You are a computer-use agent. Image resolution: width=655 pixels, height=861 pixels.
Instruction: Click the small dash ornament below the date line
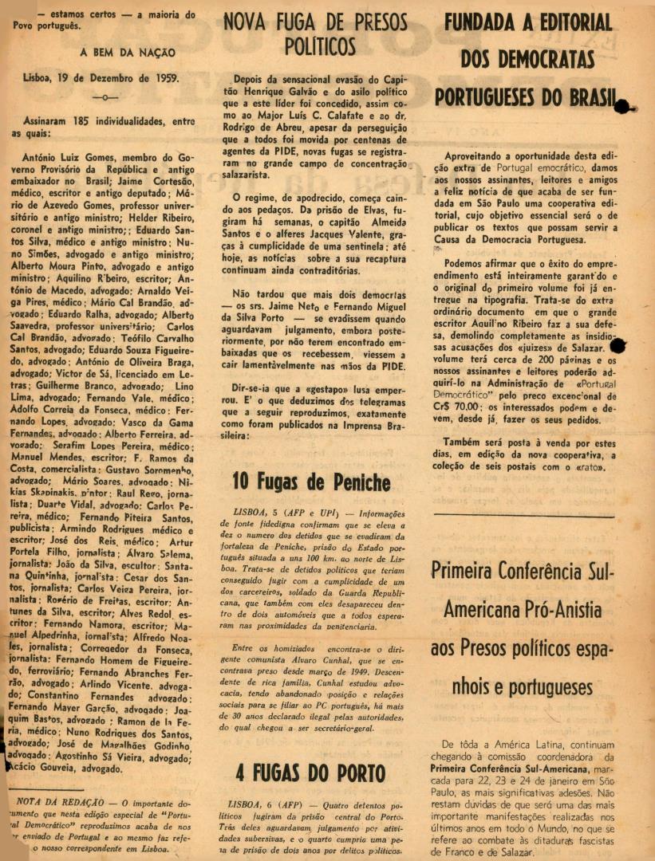[105, 97]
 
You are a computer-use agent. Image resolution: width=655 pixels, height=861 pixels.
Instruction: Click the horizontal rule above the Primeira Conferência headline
[535, 517]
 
